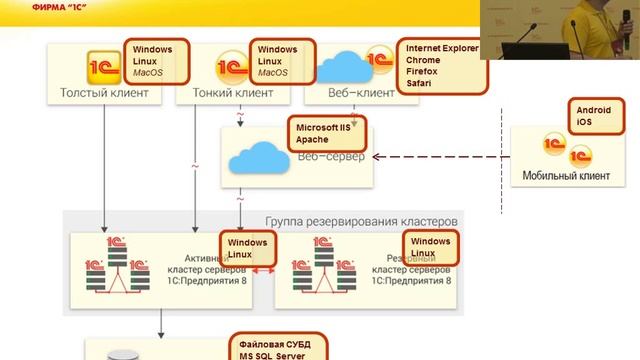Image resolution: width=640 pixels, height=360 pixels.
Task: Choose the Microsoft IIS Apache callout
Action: tap(327, 133)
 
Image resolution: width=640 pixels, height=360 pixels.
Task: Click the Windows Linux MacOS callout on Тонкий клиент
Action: tap(284, 61)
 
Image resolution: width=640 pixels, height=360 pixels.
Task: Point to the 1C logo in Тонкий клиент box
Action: tap(232, 67)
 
